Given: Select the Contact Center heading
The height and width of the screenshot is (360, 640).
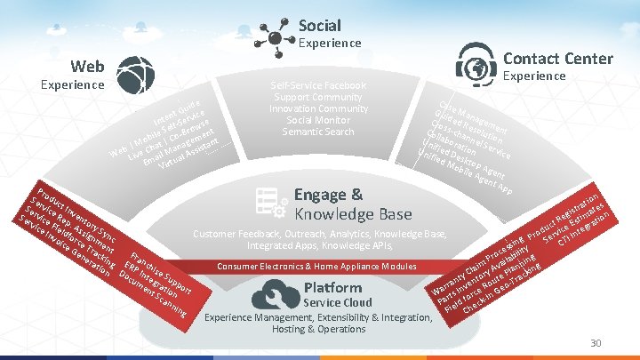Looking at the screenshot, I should (557, 59).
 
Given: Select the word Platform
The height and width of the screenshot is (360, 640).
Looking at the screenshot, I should (332, 287).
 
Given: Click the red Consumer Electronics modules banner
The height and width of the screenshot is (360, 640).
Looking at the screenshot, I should (317, 267).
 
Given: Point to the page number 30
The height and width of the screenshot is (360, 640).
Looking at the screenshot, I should (596, 344).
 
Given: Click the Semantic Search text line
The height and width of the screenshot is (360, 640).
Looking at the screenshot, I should (317, 132).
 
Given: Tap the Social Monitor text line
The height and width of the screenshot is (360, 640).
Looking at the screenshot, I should (317, 120).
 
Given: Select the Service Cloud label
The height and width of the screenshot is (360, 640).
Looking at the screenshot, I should (339, 302).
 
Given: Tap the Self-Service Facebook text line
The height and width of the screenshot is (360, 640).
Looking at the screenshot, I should (317, 85).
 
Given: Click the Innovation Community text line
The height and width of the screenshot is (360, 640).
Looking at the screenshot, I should (317, 108).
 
